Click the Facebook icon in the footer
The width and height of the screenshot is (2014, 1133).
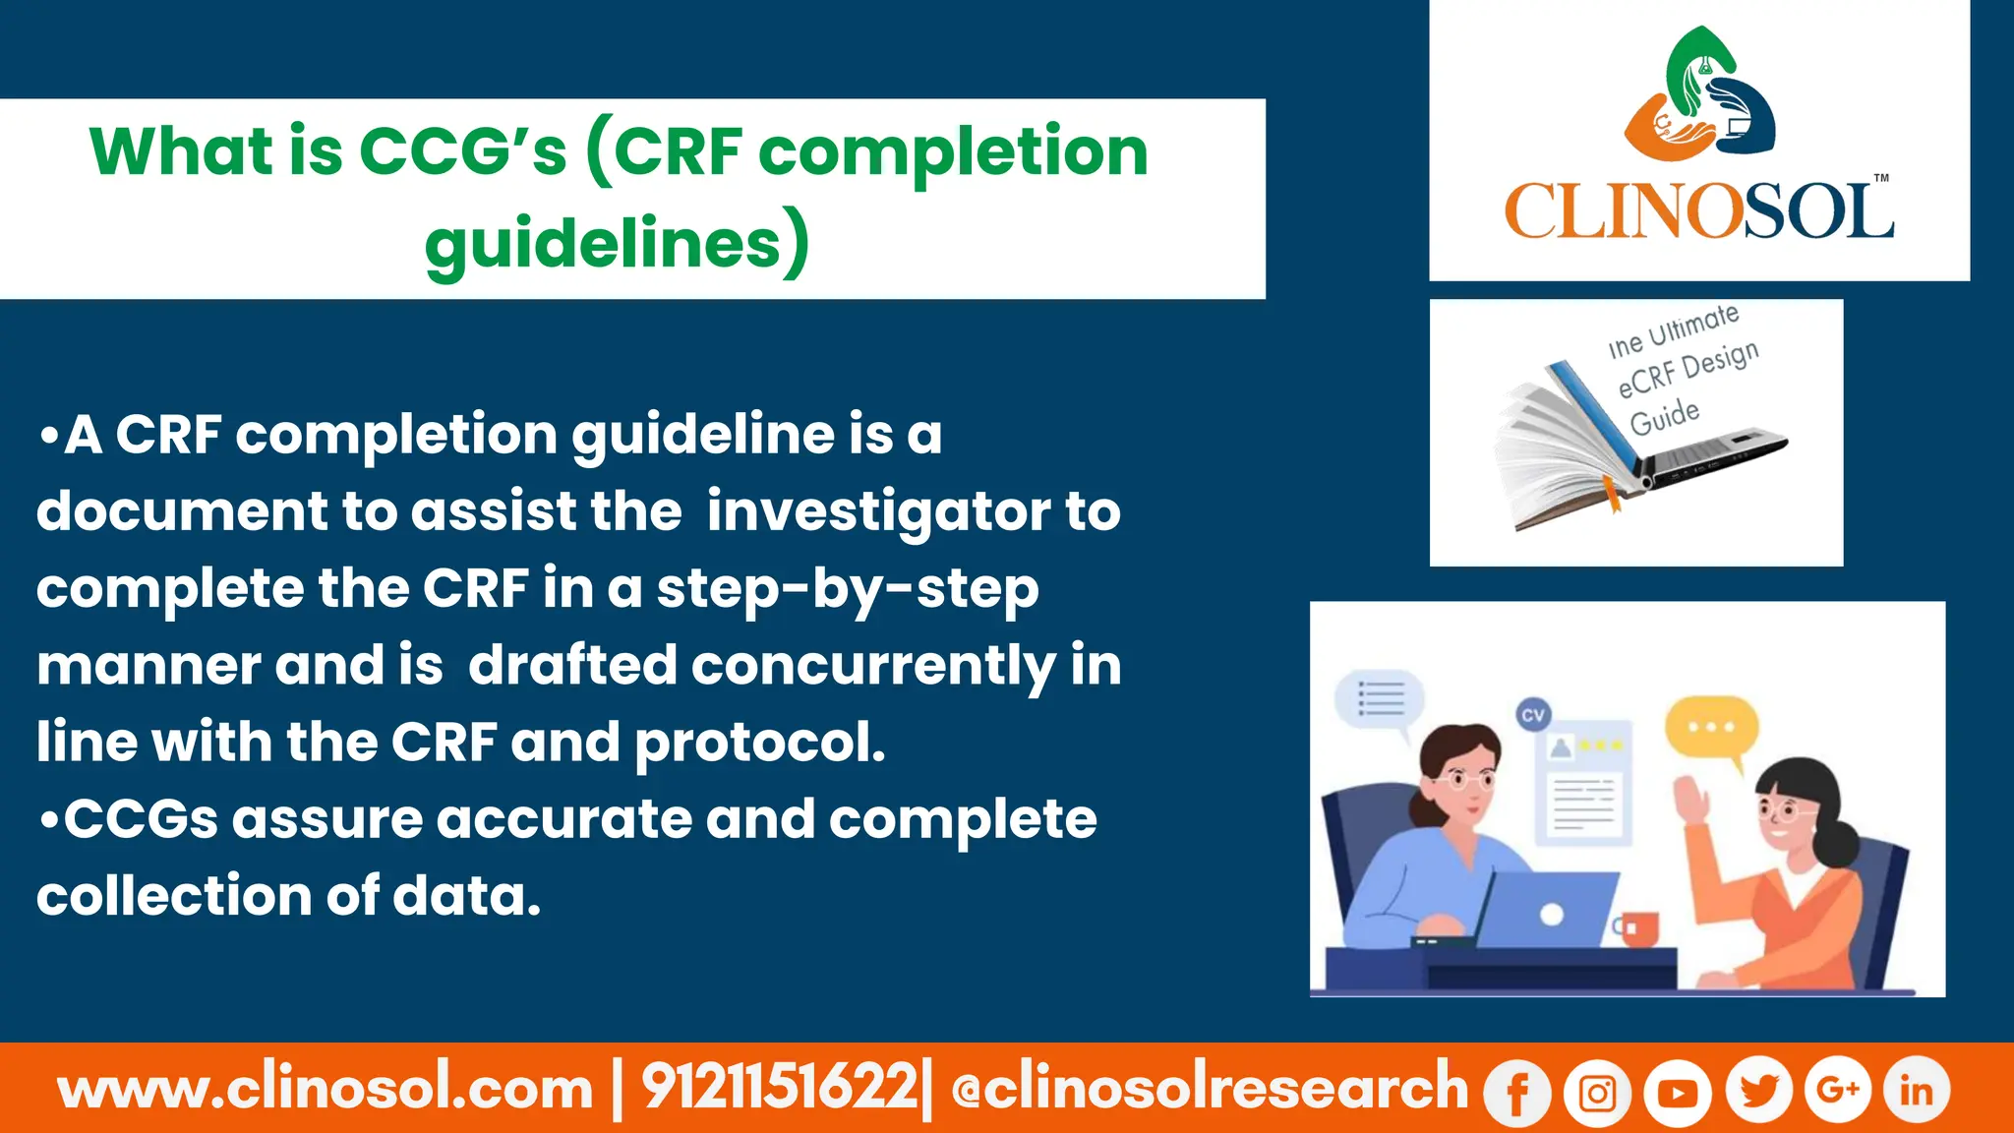point(1516,1092)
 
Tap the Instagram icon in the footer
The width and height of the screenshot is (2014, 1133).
point(1597,1092)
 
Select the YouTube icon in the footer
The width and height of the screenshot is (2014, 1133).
point(1678,1092)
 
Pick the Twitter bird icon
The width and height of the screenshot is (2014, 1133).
point(1758,1090)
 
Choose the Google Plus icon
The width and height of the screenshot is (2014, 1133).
point(1837,1090)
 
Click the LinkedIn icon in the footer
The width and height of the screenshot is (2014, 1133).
point(1916,1090)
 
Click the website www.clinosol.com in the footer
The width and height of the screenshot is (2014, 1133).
point(326,1089)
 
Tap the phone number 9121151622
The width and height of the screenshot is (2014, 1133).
point(779,1088)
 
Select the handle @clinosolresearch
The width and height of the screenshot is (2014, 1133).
point(1210,1088)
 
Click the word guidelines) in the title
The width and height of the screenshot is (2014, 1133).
point(618,244)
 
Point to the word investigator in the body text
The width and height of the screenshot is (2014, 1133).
point(878,511)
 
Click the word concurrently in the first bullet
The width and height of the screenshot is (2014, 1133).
point(873,666)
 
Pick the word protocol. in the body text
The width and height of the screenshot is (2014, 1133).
point(760,743)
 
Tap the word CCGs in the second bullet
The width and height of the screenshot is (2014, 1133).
point(141,819)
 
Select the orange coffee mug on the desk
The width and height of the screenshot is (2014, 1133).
point(1637,927)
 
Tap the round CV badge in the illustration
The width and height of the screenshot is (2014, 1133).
point(1533,715)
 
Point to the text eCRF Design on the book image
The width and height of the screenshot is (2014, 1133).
point(1688,371)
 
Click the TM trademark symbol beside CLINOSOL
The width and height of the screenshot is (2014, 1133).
point(1881,179)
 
